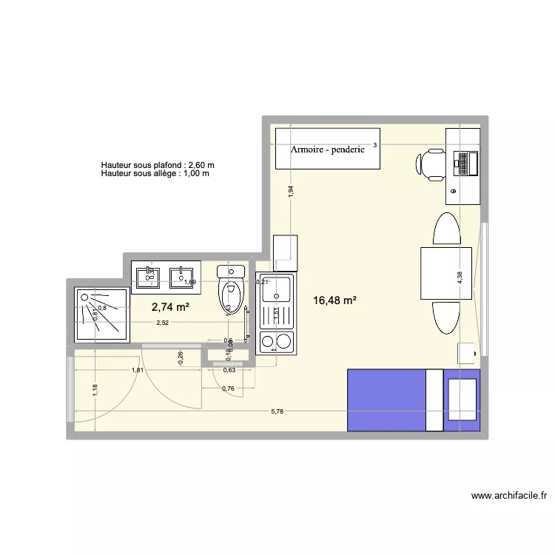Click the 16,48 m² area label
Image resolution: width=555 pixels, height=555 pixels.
point(335,300)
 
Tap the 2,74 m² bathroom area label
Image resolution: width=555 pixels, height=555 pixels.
point(171,307)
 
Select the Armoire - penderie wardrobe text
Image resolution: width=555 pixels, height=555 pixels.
point(328,149)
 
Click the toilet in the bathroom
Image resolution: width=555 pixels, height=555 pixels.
point(232,292)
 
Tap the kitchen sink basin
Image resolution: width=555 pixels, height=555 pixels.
point(277,290)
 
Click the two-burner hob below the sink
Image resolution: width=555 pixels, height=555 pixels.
point(275,340)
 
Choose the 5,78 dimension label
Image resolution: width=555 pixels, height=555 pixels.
point(277,412)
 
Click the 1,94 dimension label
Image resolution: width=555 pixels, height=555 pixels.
point(292,191)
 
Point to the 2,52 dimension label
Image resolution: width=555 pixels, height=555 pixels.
point(162,323)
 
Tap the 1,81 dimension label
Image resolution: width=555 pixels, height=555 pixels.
point(138,370)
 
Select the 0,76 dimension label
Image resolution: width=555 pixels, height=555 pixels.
point(229,388)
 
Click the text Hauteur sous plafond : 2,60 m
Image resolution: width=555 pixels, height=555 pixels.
point(158,165)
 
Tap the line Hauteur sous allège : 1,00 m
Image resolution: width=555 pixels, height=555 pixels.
point(155,174)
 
